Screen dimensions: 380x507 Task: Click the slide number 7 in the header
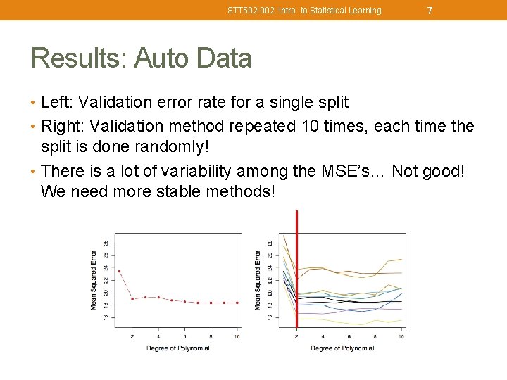click(430, 11)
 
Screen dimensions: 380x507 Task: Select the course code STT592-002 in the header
click(249, 11)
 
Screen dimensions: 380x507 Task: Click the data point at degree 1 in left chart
click(119, 271)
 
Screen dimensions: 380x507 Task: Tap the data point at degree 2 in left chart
click(132, 298)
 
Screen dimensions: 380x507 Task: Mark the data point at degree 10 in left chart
click(237, 303)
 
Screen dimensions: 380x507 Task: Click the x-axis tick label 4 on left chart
click(158, 337)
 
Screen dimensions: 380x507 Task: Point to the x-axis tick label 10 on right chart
click(401, 337)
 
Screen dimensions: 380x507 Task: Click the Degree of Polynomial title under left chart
click(178, 348)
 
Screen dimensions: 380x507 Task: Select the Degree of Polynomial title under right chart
click(342, 348)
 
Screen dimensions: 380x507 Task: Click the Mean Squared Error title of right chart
click(258, 279)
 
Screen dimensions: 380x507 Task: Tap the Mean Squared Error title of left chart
click(94, 279)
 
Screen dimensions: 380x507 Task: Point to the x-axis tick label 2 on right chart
click(296, 337)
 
